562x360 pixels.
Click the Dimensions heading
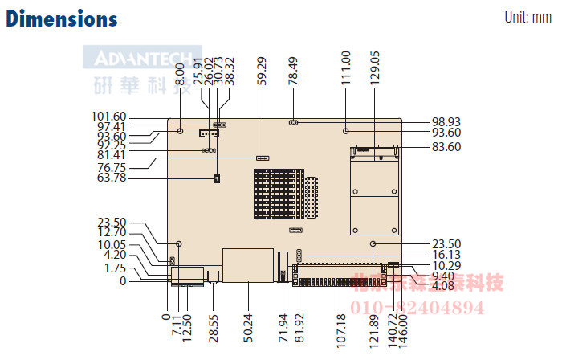click(x=62, y=18)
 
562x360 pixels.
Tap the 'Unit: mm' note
click(x=527, y=18)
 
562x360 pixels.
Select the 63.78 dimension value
click(x=112, y=178)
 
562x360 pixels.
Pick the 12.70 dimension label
click(x=112, y=234)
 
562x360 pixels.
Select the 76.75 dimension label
click(x=112, y=167)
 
